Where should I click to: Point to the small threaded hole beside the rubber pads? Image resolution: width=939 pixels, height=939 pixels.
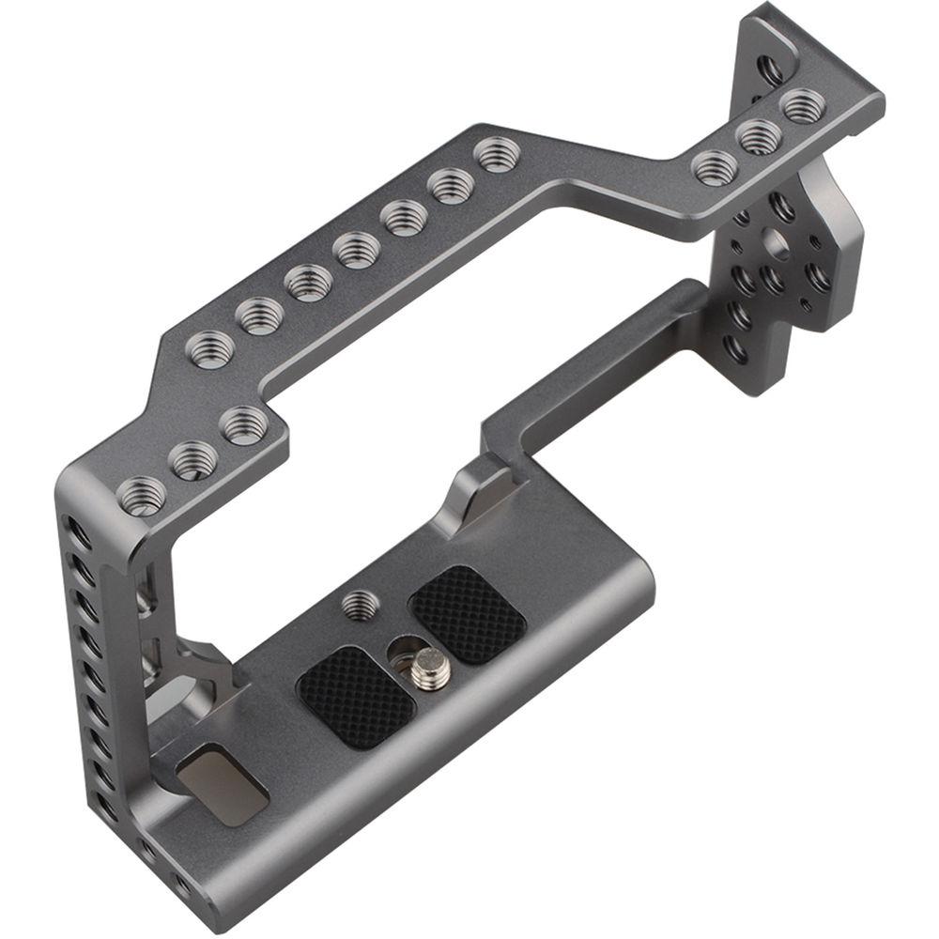click(x=357, y=604)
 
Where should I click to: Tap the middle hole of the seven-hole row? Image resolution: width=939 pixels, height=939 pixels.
click(x=357, y=249)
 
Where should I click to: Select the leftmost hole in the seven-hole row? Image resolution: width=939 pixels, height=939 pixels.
click(x=208, y=347)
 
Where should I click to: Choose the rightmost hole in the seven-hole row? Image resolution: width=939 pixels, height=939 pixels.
click(x=498, y=152)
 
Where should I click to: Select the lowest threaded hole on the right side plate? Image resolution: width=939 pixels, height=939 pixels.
click(x=737, y=349)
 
